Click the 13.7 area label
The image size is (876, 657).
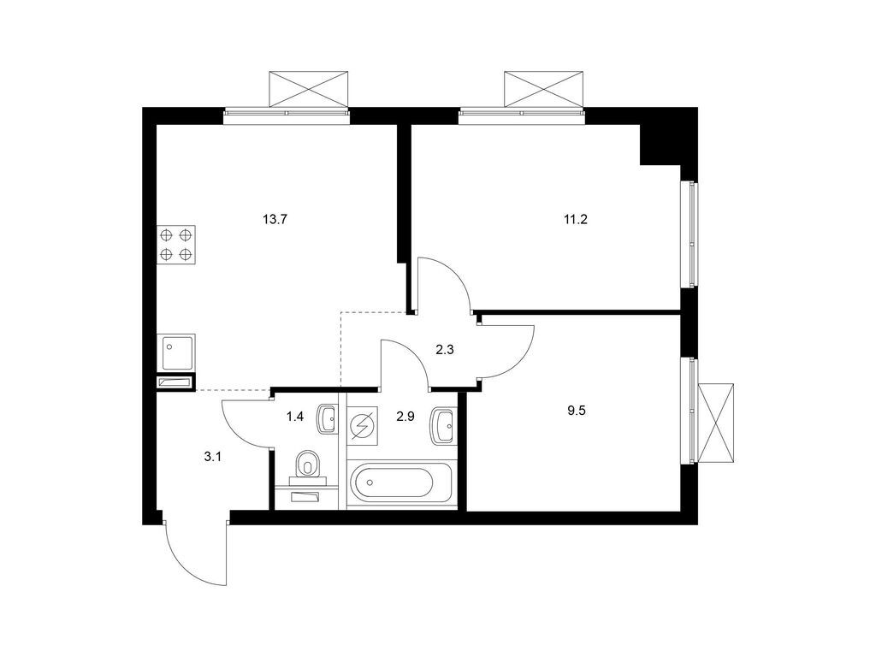(275, 219)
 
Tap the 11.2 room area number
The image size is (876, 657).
(576, 219)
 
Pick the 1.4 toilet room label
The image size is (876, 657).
(295, 417)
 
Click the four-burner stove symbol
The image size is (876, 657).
(176, 243)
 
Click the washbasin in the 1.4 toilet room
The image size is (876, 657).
(327, 419)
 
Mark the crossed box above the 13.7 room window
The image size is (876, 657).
(309, 89)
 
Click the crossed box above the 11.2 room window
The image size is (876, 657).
(544, 89)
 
